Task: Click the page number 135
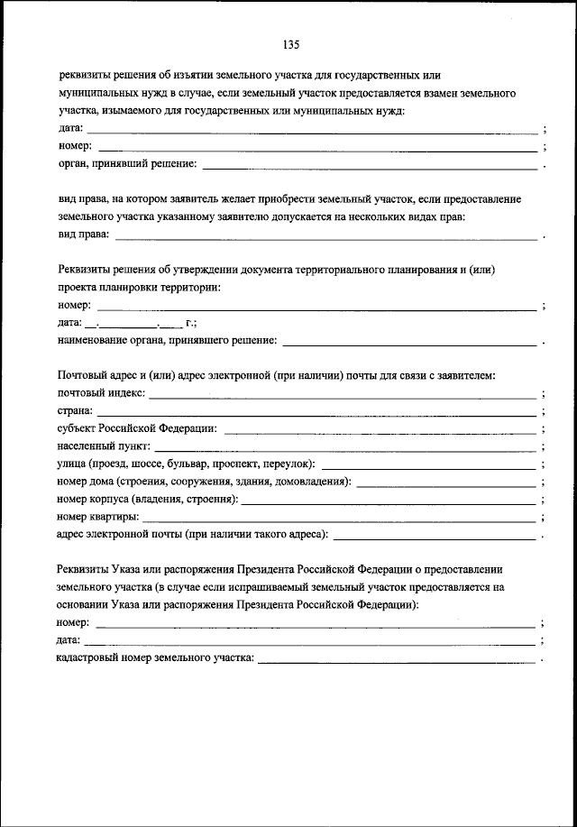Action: point(289,44)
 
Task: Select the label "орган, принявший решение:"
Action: point(127,164)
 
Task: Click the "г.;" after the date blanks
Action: point(190,323)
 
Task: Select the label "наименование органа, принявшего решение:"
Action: point(167,341)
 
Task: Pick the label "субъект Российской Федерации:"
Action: point(137,428)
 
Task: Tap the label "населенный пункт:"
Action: point(102,446)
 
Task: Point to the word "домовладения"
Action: point(317,482)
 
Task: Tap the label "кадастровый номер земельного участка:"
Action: point(155,658)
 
